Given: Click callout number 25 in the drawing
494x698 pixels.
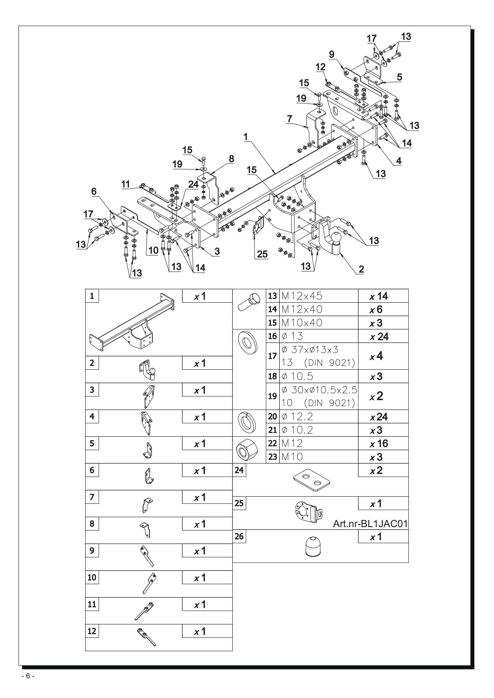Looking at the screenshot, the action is [x=262, y=254].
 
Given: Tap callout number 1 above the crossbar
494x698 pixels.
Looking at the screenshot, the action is [x=246, y=137].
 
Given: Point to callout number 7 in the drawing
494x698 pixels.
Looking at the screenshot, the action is [x=289, y=119].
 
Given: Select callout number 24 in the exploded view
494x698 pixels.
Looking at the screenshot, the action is [x=193, y=184].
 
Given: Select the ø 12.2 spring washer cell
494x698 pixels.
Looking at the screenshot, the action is [x=297, y=416].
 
